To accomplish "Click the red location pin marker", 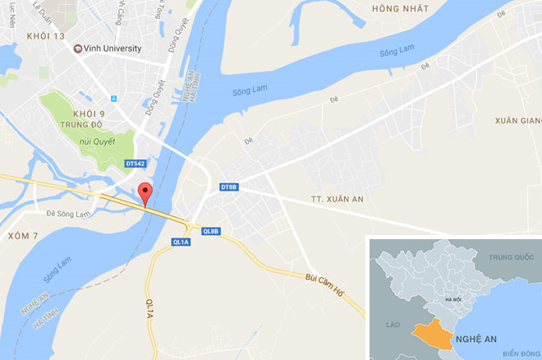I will [x=145, y=193].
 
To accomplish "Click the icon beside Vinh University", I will [x=78, y=48].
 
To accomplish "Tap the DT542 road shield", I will [x=135, y=164].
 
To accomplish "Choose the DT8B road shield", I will [x=229, y=187].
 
